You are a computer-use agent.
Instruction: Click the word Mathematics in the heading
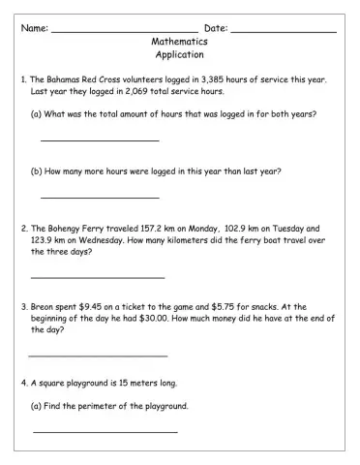tap(179, 43)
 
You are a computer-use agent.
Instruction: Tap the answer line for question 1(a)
tap(86, 141)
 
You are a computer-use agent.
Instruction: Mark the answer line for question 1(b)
tap(86, 198)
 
